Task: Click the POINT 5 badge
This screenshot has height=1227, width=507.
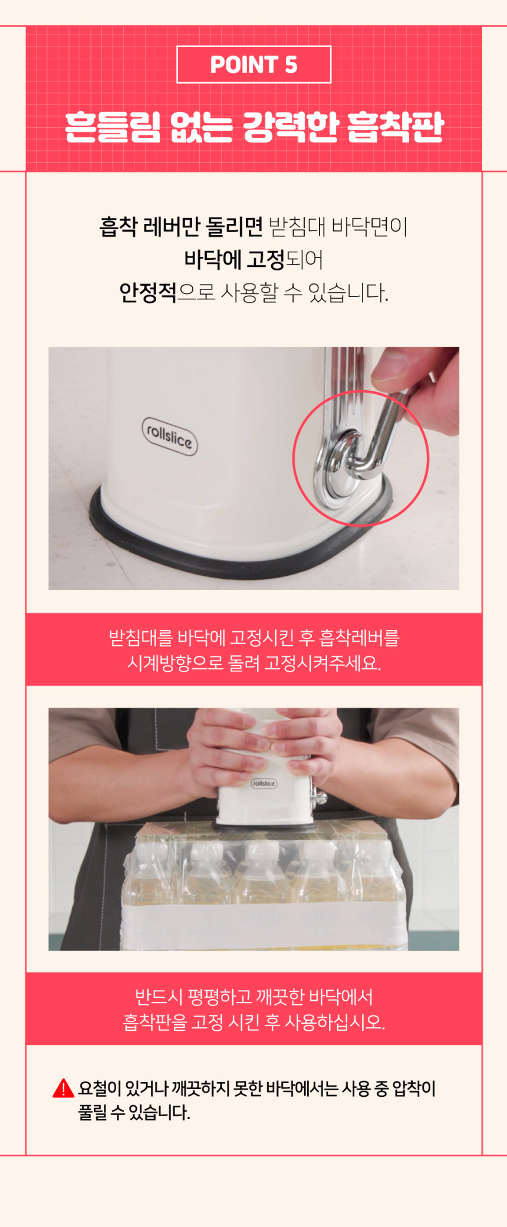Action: [x=253, y=65]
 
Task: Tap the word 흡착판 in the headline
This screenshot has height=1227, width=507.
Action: [x=394, y=127]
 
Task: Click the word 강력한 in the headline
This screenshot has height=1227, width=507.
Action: [x=291, y=127]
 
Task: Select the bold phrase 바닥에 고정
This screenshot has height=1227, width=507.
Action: [x=235, y=259]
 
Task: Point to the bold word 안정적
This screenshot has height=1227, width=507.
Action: [x=147, y=292]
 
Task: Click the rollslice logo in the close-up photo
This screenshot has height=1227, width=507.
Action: [x=169, y=436]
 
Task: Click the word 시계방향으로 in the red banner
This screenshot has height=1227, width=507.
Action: [x=176, y=664]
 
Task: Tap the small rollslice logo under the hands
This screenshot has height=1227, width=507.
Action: [x=264, y=783]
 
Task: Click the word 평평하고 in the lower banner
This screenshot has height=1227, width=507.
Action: [x=219, y=997]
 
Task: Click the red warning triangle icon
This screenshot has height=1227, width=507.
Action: [x=64, y=1089]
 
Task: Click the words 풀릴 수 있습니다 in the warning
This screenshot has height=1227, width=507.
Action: [x=134, y=1113]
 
